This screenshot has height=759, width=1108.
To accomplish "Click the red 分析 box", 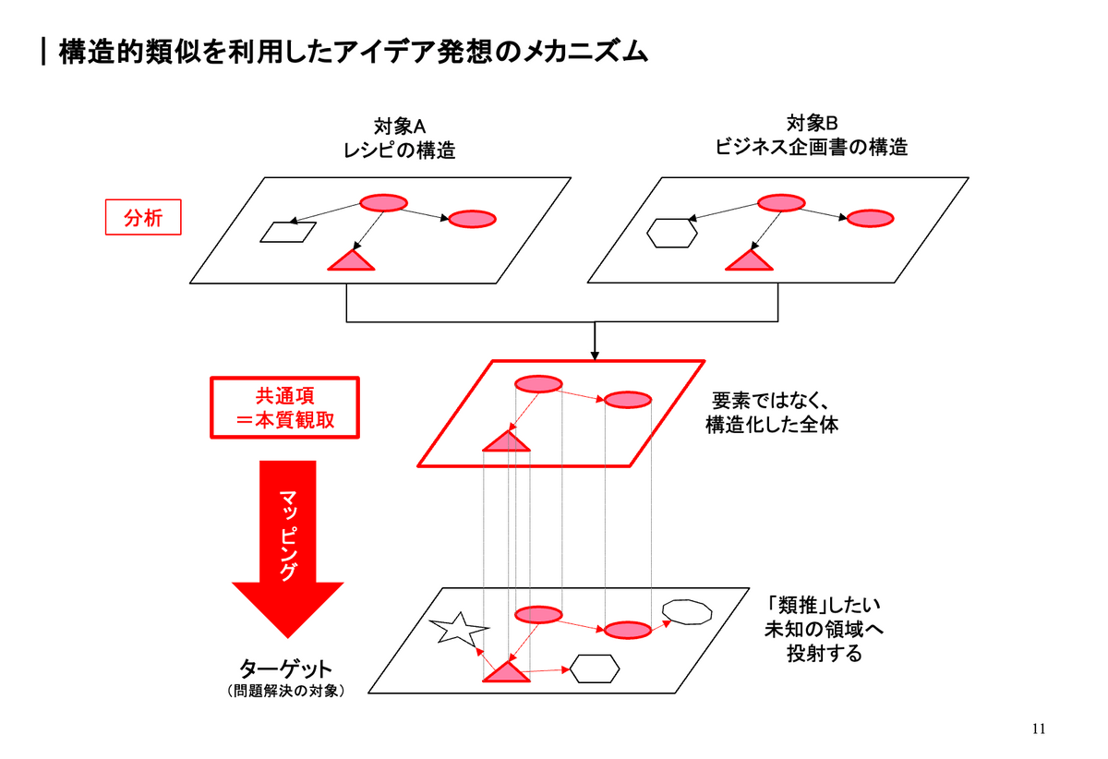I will pyautogui.click(x=141, y=218).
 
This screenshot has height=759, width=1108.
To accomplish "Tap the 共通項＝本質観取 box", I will pyautogui.click(x=284, y=408).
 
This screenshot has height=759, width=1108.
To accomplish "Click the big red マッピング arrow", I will pyautogui.click(x=287, y=545).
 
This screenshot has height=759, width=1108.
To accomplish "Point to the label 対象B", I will pyautogui.click(x=812, y=123).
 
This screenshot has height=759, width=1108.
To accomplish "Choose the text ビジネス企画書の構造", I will pyautogui.click(x=812, y=147).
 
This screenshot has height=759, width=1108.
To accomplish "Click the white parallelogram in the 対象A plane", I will pyautogui.click(x=287, y=232).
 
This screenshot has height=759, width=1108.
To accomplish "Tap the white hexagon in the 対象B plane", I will pyautogui.click(x=671, y=233).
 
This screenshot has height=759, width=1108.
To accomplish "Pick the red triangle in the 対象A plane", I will pyautogui.click(x=352, y=261).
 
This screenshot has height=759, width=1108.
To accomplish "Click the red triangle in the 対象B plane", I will pyautogui.click(x=749, y=261).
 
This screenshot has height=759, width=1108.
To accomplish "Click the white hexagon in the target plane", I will pyautogui.click(x=594, y=669).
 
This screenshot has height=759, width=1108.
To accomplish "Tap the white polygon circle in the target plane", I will pyautogui.click(x=688, y=612).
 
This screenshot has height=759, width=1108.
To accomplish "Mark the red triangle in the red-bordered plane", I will pyautogui.click(x=506, y=442).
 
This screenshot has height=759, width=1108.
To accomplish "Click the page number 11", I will pyautogui.click(x=1039, y=729).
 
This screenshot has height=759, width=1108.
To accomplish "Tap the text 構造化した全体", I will pyautogui.click(x=772, y=426).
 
